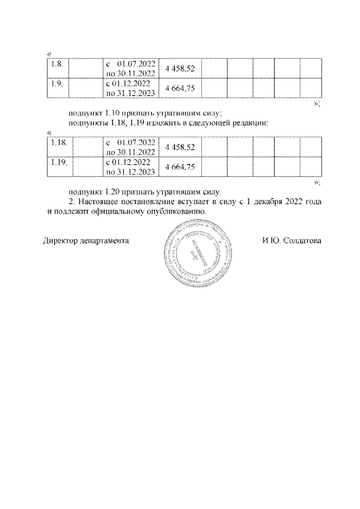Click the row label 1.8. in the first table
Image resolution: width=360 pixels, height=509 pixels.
(56, 63)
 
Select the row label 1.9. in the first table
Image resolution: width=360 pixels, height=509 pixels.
(56, 83)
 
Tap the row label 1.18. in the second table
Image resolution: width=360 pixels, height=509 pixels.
(58, 142)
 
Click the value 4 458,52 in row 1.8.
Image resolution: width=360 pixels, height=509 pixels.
(181, 69)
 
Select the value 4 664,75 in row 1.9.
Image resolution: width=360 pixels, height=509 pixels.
(181, 88)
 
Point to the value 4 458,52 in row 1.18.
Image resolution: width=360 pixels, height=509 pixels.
(181, 147)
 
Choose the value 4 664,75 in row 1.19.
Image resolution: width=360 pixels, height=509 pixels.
(181, 167)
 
